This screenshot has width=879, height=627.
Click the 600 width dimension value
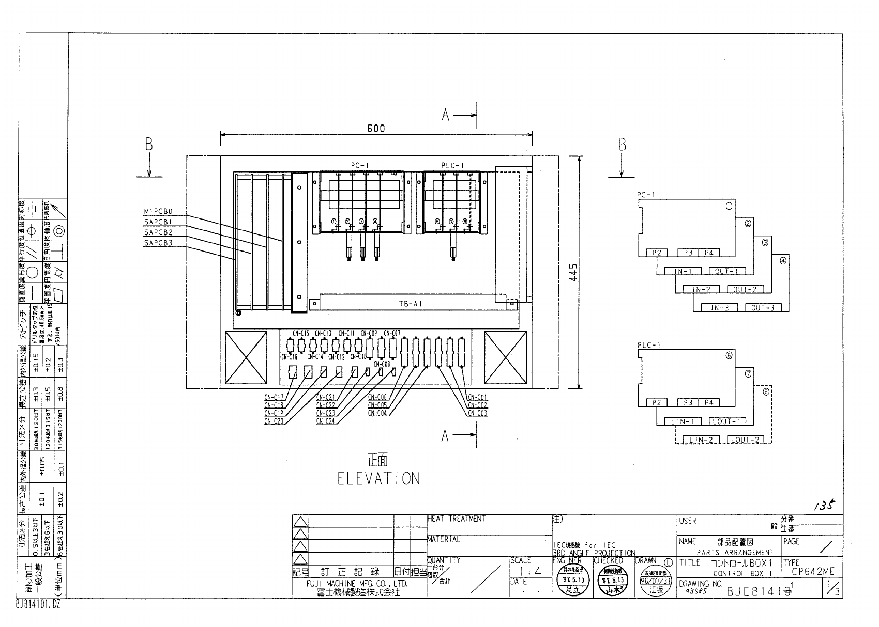click(376, 129)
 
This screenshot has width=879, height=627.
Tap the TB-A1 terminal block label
click(410, 304)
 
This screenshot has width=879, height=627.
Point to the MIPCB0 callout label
click(158, 211)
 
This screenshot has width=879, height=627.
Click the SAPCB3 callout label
click(158, 242)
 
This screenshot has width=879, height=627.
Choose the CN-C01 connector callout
click(477, 397)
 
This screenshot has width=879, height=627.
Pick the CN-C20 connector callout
click(274, 421)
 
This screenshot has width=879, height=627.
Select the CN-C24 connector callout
click(326, 421)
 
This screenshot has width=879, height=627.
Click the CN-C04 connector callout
click(377, 413)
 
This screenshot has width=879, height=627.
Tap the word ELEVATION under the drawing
click(378, 479)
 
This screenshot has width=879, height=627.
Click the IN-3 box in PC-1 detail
click(719, 308)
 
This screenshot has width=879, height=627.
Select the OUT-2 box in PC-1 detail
click(745, 290)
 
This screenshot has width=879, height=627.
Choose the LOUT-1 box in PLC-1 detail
click(727, 421)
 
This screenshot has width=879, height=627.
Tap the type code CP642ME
click(813, 572)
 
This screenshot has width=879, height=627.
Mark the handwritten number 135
click(824, 506)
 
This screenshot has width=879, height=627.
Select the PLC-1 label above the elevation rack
click(453, 165)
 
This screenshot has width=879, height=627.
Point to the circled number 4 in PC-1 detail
click(782, 261)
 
